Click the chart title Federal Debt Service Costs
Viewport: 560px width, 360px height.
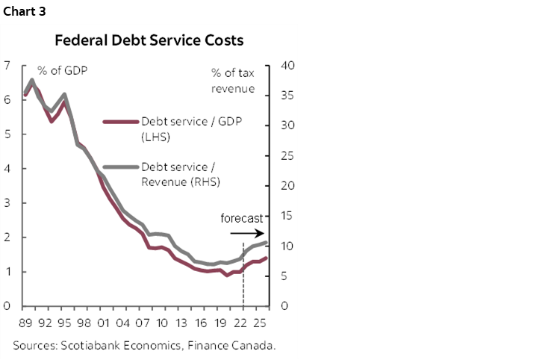point(149,40)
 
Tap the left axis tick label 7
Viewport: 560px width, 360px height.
point(7,66)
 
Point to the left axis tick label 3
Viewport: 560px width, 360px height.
point(7,203)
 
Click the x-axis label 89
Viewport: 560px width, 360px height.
point(26,323)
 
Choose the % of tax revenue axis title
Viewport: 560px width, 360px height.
point(233,80)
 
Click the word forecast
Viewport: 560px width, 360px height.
point(242,219)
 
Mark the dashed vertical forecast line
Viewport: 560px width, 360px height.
point(243,276)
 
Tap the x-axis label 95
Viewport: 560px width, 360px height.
point(64,323)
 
